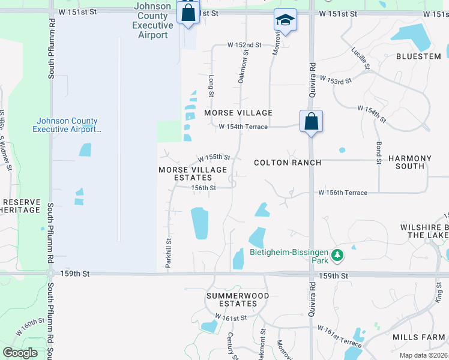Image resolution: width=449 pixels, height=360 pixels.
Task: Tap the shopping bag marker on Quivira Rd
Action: pos(311,121)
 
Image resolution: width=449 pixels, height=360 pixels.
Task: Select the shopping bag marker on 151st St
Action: pos(188,13)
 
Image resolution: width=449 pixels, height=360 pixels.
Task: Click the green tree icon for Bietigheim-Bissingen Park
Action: pos(338,256)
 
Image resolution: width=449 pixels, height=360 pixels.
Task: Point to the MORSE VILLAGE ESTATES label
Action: pos(193,174)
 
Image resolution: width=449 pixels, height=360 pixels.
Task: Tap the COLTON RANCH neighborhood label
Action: pos(288,163)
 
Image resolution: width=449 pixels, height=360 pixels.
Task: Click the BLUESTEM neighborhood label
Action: pos(418,56)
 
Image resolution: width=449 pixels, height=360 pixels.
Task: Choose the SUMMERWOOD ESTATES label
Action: pos(237,300)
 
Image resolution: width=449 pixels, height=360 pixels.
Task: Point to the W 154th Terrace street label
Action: pos(243,127)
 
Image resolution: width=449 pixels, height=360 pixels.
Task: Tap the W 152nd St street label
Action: pos(244,45)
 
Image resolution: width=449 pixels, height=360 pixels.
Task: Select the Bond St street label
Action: pos(379,153)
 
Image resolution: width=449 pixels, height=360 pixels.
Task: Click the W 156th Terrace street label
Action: pos(343,193)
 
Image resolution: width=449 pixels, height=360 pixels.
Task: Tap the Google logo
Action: pos(21,353)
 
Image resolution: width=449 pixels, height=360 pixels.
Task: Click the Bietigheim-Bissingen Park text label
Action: pos(289,256)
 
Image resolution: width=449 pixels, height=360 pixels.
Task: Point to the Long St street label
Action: pos(211,86)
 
